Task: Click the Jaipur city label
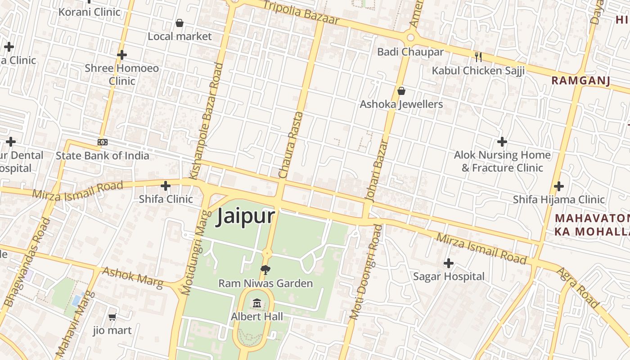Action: [245, 216]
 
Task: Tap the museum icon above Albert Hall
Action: [257, 303]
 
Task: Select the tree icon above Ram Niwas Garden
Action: [265, 270]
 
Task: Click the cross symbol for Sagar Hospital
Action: [448, 263]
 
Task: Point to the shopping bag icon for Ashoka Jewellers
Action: [401, 91]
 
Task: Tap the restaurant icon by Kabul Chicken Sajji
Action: [478, 57]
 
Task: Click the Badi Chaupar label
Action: [410, 52]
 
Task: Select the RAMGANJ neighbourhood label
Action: [580, 81]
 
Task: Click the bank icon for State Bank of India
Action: [103, 142]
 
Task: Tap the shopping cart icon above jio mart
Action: [112, 317]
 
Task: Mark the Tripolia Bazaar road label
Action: [301, 12]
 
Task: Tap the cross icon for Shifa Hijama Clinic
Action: [558, 186]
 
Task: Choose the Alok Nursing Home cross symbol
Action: [502, 142]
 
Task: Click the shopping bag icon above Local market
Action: [180, 23]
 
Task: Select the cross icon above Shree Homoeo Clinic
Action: [121, 55]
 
